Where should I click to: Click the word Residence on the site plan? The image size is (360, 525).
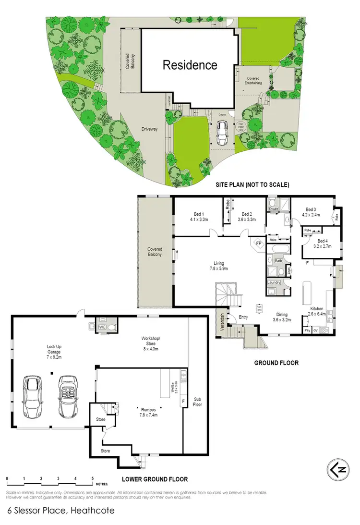[x=190, y=65]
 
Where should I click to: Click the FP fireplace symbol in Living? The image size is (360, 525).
[x=258, y=244]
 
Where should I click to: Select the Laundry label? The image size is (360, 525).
[x=274, y=282]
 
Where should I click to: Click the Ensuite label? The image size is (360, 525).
[x=274, y=209]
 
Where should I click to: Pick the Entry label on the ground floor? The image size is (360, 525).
[x=243, y=317]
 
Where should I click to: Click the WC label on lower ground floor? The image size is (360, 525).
[x=102, y=327]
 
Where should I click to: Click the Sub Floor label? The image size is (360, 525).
[x=197, y=402]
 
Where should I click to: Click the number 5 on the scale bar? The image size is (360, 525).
[x=92, y=479]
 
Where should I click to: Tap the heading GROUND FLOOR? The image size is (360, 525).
[x=276, y=363]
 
